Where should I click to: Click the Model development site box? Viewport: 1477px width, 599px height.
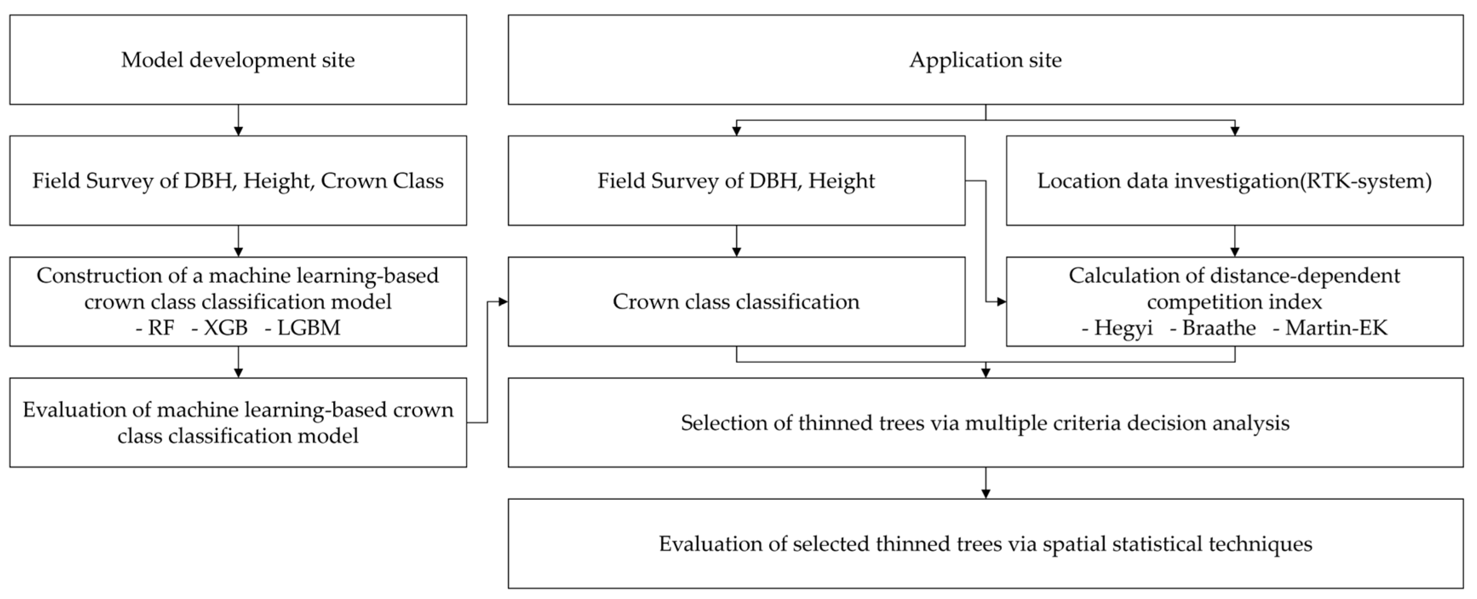pyautogui.click(x=238, y=60)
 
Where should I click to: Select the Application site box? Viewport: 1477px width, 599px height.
pyautogui.click(x=985, y=60)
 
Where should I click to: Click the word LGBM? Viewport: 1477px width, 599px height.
pyautogui.click(x=309, y=328)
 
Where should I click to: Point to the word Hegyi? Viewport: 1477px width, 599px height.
pyautogui.click(x=1123, y=328)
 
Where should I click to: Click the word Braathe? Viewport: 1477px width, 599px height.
pyautogui.click(x=1218, y=328)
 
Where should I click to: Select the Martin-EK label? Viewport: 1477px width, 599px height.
pyautogui.click(x=1336, y=328)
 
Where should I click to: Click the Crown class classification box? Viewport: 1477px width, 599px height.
pyautogui.click(x=736, y=302)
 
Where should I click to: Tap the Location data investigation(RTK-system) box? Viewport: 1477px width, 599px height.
pyautogui.click(x=1234, y=180)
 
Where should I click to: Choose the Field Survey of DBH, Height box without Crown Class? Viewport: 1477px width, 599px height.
pyautogui.click(x=736, y=180)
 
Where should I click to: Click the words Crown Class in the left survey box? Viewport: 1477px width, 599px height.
pyautogui.click(x=382, y=180)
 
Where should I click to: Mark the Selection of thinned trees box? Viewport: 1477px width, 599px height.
pyautogui.click(x=985, y=423)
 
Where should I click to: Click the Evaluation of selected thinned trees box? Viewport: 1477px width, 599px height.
pyautogui.click(x=985, y=543)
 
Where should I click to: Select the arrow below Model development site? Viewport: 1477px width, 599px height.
pyautogui.click(x=238, y=120)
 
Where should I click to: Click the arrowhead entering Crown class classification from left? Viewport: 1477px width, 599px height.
pyautogui.click(x=503, y=302)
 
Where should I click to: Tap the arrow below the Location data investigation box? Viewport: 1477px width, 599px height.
pyautogui.click(x=1234, y=241)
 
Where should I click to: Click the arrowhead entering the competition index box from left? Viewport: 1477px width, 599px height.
pyautogui.click(x=1001, y=302)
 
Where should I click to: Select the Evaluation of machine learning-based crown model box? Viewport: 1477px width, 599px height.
pyautogui.click(x=238, y=423)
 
